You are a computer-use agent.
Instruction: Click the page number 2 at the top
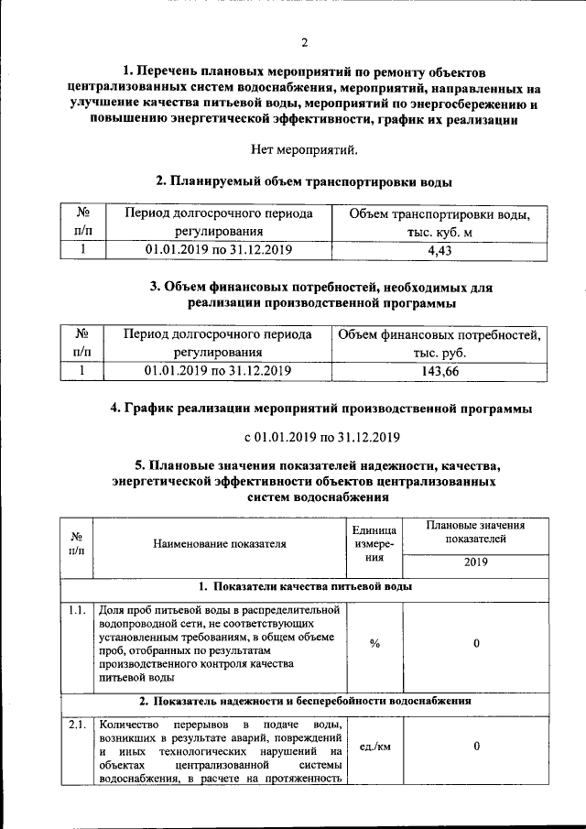click(x=303, y=43)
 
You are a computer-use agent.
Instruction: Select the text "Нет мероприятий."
click(x=303, y=148)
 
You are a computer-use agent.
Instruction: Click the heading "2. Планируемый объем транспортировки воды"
click(x=303, y=180)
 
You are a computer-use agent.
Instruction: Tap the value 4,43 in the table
click(x=440, y=248)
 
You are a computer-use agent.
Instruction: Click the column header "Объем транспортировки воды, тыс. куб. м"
click(x=440, y=223)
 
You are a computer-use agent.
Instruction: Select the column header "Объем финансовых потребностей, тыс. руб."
click(x=439, y=344)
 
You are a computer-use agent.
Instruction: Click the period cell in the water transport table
click(x=218, y=248)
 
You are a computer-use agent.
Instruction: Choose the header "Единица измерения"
click(x=374, y=543)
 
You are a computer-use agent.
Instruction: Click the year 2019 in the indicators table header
click(x=476, y=562)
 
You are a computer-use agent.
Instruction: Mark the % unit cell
click(x=374, y=643)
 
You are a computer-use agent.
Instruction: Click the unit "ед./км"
click(x=374, y=747)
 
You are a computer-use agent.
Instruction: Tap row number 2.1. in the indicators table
click(x=78, y=725)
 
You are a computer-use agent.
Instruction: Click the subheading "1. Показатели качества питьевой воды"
click(x=305, y=586)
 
